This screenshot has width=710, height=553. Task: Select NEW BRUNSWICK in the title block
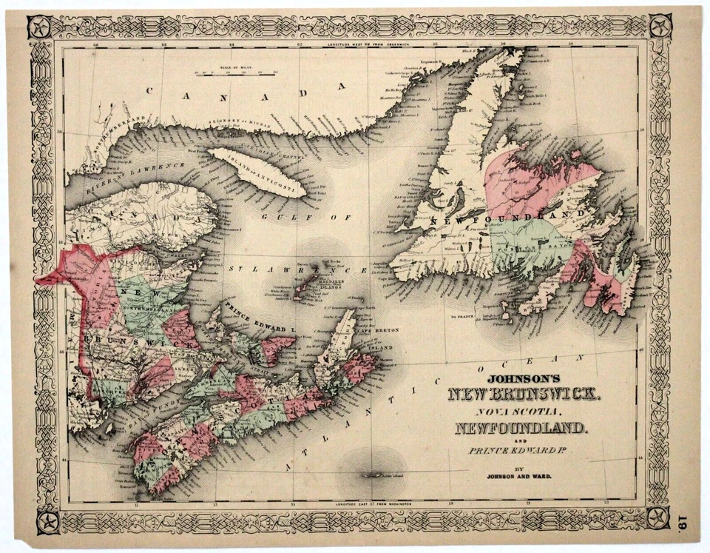pyautogui.click(x=525, y=392)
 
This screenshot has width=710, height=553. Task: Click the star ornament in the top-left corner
pyautogui.click(x=39, y=27)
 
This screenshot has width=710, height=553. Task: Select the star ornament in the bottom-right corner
pyautogui.click(x=657, y=518)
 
